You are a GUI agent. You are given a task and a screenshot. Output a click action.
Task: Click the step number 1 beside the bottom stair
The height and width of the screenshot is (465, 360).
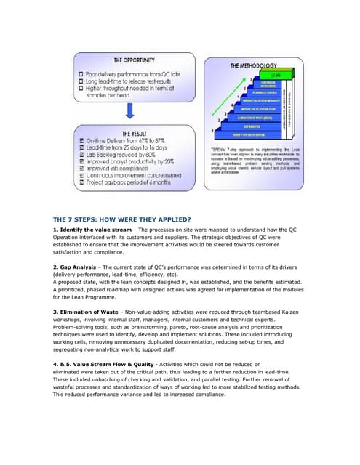212,130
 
